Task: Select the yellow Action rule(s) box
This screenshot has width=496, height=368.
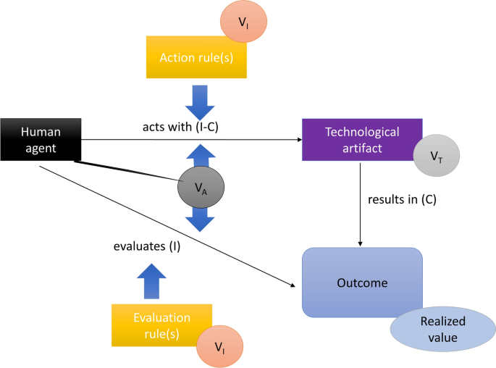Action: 196,57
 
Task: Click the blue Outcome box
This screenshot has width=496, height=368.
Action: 362,283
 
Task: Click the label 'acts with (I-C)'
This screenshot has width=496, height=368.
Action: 180,127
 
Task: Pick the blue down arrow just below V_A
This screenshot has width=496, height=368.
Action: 201,218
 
